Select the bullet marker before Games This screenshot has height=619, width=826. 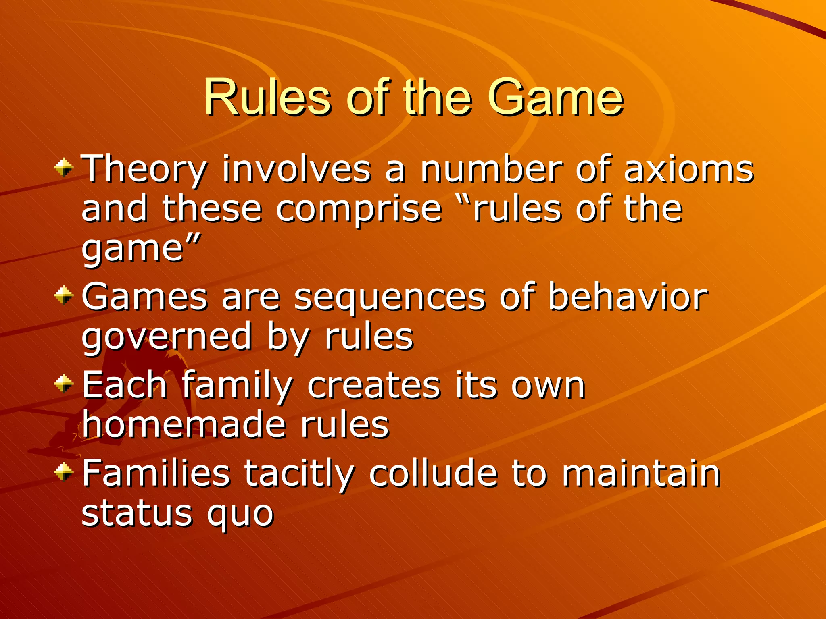[x=64, y=295]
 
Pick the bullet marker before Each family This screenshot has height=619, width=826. [x=64, y=383]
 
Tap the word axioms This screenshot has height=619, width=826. [x=688, y=169]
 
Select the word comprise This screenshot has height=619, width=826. [x=359, y=210]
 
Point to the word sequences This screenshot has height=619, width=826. [x=390, y=298]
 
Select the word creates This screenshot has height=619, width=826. [x=374, y=386]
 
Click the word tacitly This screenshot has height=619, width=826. [x=299, y=474]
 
